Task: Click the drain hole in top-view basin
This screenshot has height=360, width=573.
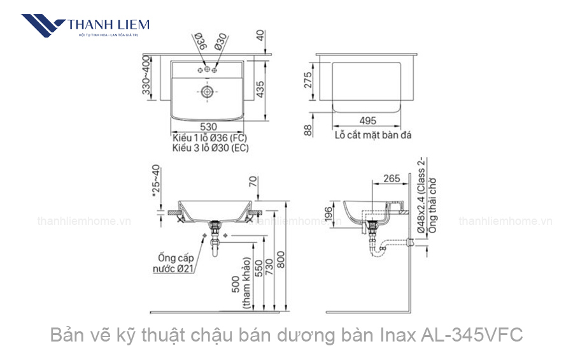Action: click(x=208, y=92)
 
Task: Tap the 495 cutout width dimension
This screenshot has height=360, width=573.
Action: click(x=367, y=120)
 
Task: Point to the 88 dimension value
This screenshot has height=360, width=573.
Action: click(x=308, y=130)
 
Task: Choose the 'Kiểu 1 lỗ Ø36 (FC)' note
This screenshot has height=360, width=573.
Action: click(x=209, y=138)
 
